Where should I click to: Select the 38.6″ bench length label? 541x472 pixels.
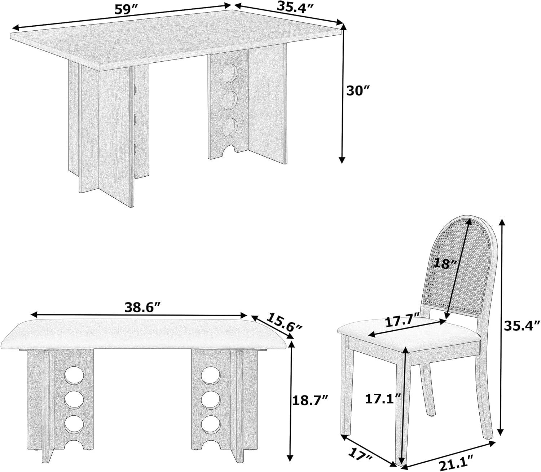pyautogui.click(x=142, y=307)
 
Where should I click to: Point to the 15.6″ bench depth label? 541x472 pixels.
pyautogui.click(x=285, y=322)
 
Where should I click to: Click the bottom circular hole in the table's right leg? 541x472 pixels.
pyautogui.click(x=229, y=127)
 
